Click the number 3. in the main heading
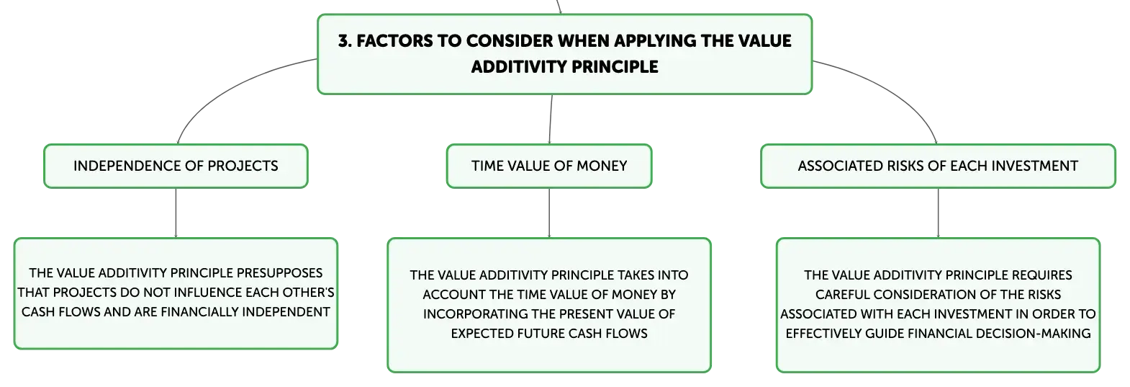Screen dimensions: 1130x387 point(345,41)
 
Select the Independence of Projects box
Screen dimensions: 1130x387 point(176,166)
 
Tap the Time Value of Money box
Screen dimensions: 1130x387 point(549,166)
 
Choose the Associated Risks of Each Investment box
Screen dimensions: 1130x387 point(938,166)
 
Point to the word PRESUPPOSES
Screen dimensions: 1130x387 point(279,273)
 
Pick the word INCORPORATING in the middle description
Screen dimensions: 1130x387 point(475,313)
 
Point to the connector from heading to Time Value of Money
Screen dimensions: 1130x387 point(551,119)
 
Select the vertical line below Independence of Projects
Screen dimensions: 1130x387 point(176,213)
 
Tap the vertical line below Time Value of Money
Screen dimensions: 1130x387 point(549,213)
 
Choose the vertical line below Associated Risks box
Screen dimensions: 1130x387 point(938,213)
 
